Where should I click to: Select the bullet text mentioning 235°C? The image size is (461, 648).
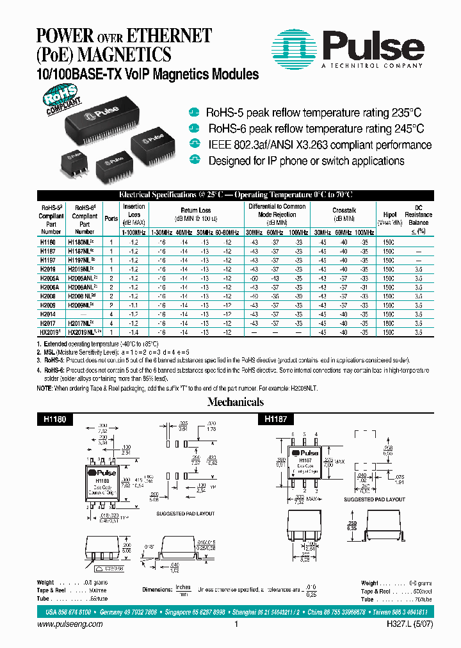pos(314,113)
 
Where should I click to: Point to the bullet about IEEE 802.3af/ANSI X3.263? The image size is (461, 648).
pos(318,145)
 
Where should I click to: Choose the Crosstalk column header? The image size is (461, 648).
pos(344,210)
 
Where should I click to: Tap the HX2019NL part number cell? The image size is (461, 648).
pos(85,333)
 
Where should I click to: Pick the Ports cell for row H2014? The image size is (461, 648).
pos(111,315)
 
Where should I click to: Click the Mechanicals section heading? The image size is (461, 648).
pos(235,402)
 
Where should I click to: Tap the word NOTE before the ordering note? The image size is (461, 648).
pos(45,388)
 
